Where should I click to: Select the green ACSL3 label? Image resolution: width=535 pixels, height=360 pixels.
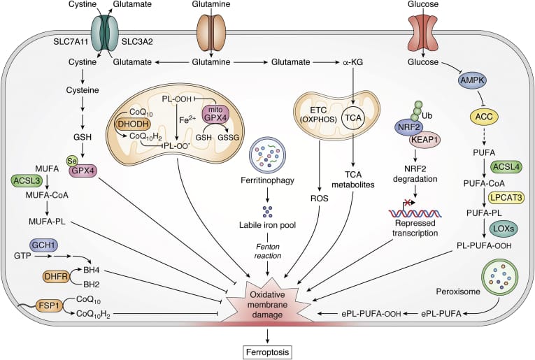(x=26, y=180)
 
